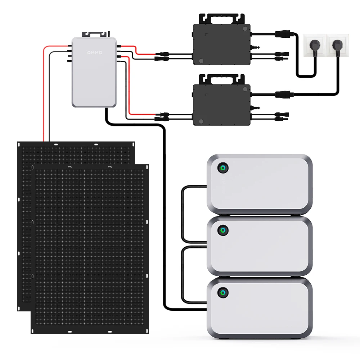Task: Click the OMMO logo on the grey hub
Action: click(x=95, y=53)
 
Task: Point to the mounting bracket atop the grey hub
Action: click(x=95, y=34)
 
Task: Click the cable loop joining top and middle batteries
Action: click(x=183, y=214)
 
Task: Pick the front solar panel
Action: click(x=90, y=248)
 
